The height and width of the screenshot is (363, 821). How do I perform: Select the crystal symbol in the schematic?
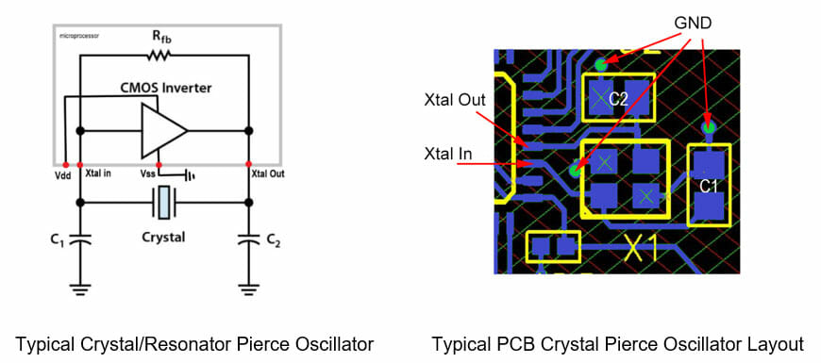[164, 202]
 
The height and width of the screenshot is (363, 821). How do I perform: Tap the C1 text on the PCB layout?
[710, 187]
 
